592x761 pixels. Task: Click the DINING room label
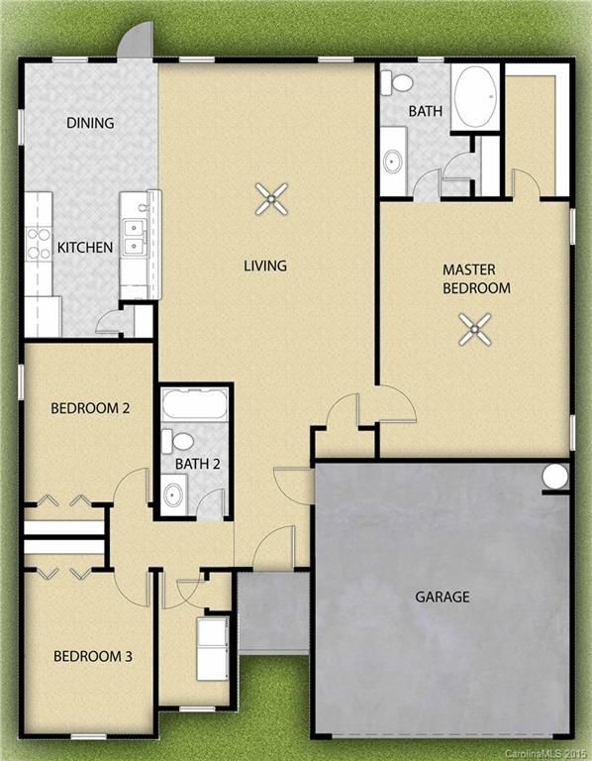click(x=90, y=122)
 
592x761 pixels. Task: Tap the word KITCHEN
click(x=85, y=248)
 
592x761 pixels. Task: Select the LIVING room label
click(x=265, y=266)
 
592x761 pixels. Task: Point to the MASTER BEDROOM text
click(x=476, y=279)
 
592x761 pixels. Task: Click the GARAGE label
click(x=443, y=597)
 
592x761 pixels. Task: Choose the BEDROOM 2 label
click(x=90, y=408)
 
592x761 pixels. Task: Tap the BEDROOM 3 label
click(x=93, y=657)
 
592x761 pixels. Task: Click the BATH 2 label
click(x=197, y=464)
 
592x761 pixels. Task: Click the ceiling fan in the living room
click(x=271, y=199)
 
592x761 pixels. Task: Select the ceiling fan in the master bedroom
click(x=475, y=330)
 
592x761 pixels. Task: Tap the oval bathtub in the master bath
click(x=475, y=97)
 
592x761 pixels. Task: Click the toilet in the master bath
click(x=396, y=83)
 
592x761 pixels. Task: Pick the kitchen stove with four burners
click(x=39, y=244)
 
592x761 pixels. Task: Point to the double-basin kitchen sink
click(x=134, y=237)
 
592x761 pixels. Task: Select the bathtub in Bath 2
click(x=194, y=404)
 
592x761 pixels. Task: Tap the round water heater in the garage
click(x=554, y=476)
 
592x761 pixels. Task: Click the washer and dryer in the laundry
click(x=213, y=648)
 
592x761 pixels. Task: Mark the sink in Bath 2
click(x=173, y=494)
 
